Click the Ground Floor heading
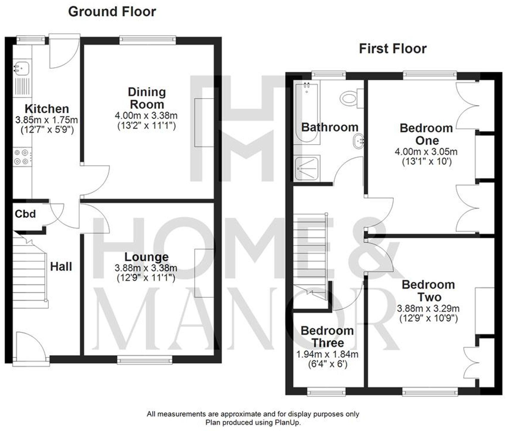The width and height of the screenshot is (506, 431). click(112, 12)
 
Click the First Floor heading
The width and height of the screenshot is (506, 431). click(393, 49)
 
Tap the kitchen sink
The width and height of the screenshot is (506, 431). click(21, 68)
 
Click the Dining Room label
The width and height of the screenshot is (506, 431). click(146, 98)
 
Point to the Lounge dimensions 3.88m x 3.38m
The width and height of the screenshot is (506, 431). click(146, 268)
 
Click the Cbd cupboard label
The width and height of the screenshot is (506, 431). click(25, 214)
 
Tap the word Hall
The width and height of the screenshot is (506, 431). click(61, 267)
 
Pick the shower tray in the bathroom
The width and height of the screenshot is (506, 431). click(307, 169)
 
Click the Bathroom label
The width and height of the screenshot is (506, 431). click(330, 127)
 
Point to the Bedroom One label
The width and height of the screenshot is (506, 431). click(426, 134)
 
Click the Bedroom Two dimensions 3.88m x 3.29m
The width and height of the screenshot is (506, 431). click(428, 308)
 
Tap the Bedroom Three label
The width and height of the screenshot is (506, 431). click(327, 337)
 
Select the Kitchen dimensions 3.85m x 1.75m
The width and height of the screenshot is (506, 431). click(47, 120)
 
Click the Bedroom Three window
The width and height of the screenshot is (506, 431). click(326, 392)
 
